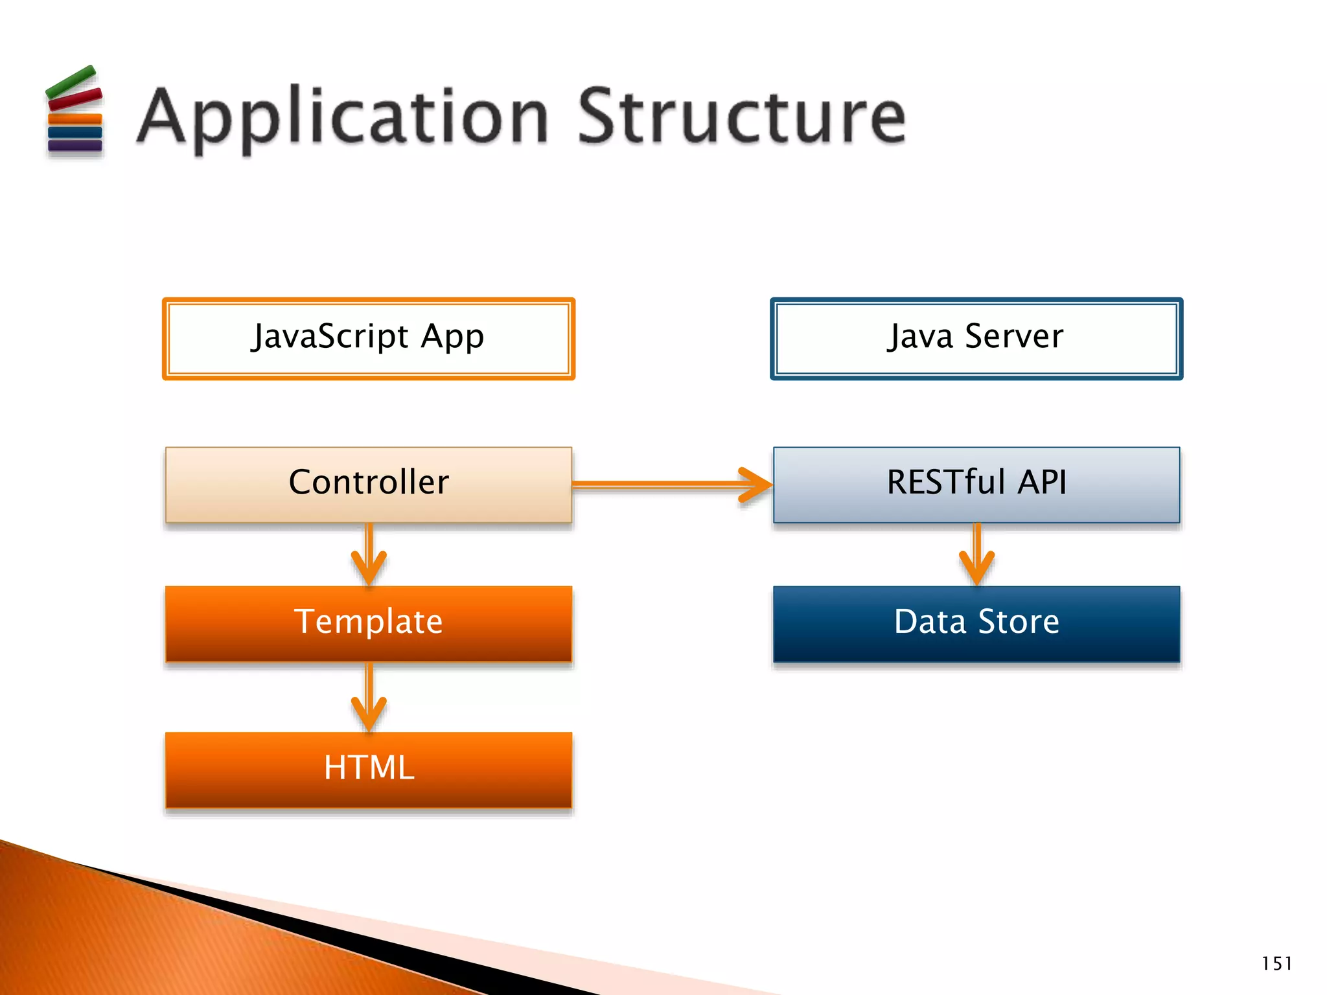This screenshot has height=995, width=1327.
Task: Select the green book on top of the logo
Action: (x=71, y=82)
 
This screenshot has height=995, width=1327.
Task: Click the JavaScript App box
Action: (x=368, y=338)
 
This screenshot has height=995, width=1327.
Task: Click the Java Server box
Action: (x=976, y=338)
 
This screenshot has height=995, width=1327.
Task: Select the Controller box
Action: (x=368, y=484)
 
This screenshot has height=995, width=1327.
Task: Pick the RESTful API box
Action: (x=976, y=484)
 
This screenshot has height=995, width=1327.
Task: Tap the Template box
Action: (x=368, y=623)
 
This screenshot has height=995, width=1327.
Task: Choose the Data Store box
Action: (x=976, y=623)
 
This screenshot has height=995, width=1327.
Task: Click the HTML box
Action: (x=368, y=770)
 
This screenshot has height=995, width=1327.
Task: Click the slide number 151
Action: (x=1276, y=963)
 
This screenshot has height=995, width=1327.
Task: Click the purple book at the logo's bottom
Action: (x=75, y=146)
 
